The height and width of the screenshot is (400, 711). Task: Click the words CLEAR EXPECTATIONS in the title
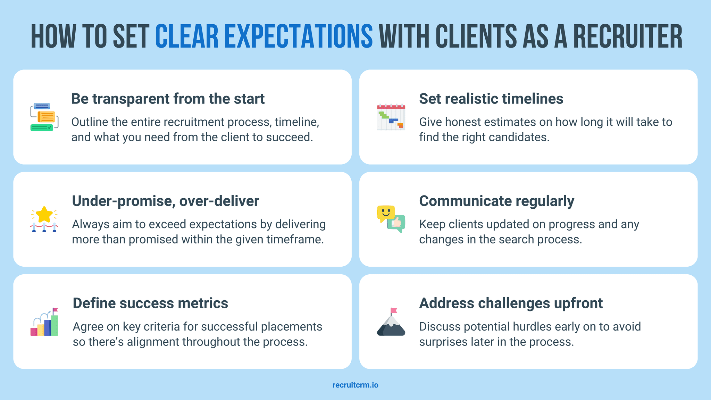point(264,36)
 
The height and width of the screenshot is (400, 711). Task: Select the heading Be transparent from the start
point(168,99)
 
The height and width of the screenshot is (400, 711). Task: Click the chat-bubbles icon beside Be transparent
point(44,117)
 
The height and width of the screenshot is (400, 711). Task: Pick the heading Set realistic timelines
point(491,99)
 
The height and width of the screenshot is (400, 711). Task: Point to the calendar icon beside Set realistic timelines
point(391,117)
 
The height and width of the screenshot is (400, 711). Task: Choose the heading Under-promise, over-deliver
point(165,201)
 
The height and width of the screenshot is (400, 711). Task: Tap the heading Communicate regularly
point(496,201)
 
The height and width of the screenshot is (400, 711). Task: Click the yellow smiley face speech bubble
point(386,212)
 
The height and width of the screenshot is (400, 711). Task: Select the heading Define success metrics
point(150,303)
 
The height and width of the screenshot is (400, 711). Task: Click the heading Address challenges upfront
point(511,303)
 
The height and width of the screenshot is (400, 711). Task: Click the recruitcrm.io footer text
point(355,385)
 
